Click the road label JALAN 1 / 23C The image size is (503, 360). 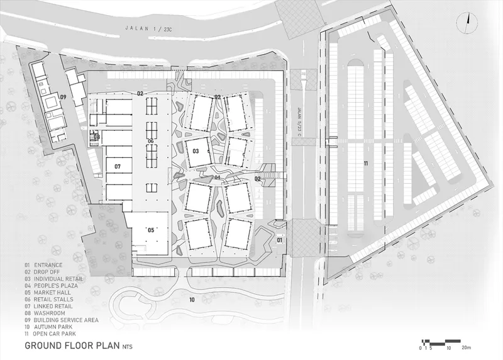(148, 28)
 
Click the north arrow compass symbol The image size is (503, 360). (467, 23)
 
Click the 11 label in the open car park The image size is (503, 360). (366, 164)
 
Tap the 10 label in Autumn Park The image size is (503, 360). (192, 300)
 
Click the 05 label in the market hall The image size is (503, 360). (151, 230)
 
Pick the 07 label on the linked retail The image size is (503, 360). (118, 166)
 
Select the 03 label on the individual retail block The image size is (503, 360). (196, 151)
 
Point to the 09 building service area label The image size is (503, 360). (64, 97)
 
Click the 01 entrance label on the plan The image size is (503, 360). (279, 240)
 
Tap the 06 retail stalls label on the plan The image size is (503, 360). (150, 141)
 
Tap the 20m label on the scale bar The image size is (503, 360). (467, 348)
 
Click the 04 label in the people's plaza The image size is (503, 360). (217, 177)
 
